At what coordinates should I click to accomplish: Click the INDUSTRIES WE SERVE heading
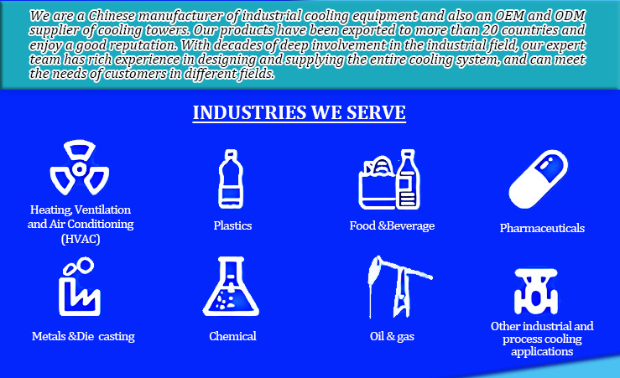(x=299, y=112)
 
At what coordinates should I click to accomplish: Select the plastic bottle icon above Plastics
(x=231, y=179)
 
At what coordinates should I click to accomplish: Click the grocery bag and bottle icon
(x=389, y=179)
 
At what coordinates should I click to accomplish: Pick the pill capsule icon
(x=538, y=179)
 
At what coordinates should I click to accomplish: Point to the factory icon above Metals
(x=80, y=287)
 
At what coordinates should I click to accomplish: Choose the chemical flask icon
(x=231, y=287)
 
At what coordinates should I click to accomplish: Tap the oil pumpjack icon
(x=399, y=287)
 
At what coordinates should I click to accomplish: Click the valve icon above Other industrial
(x=536, y=292)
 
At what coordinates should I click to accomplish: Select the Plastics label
(x=232, y=225)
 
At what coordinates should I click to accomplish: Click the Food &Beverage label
(x=392, y=225)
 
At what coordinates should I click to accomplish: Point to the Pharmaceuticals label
(x=542, y=228)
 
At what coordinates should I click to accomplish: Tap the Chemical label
(x=232, y=336)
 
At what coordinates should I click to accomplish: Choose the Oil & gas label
(x=392, y=336)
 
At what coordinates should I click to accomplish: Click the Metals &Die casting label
(x=83, y=336)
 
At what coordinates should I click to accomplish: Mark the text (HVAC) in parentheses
(x=81, y=239)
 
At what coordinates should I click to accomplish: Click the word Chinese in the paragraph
(x=111, y=16)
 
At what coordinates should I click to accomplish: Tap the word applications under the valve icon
(x=542, y=351)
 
